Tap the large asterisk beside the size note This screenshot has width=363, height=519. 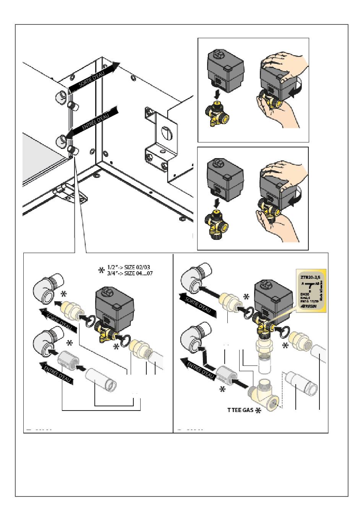click(x=101, y=270)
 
